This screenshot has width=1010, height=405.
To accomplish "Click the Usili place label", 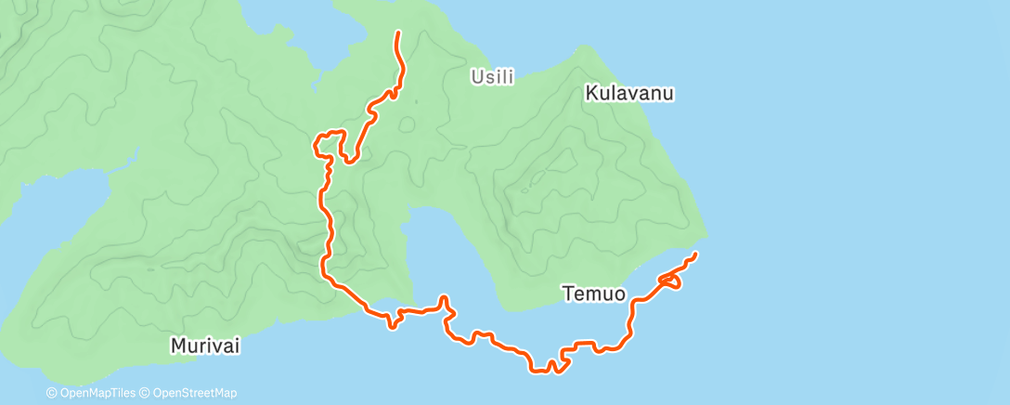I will (x=493, y=77).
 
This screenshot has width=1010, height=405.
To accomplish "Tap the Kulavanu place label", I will (x=628, y=93).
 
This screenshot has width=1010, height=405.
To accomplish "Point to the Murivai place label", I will (x=205, y=346).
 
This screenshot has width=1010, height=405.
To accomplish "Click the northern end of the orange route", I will (x=398, y=33).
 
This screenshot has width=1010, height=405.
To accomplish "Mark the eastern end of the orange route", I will (x=695, y=254).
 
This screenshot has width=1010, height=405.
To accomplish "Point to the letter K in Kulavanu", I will (x=590, y=93).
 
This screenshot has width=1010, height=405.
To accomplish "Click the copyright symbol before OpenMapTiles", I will (x=52, y=393).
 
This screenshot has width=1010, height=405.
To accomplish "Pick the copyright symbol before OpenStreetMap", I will (x=144, y=393).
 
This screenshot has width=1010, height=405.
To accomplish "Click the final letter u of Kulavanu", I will (x=667, y=93).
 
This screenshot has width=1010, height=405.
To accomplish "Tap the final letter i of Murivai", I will (x=238, y=346).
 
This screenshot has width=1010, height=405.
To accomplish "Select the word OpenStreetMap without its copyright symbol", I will (x=193, y=393).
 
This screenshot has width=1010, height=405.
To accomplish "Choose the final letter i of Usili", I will (x=511, y=77).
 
